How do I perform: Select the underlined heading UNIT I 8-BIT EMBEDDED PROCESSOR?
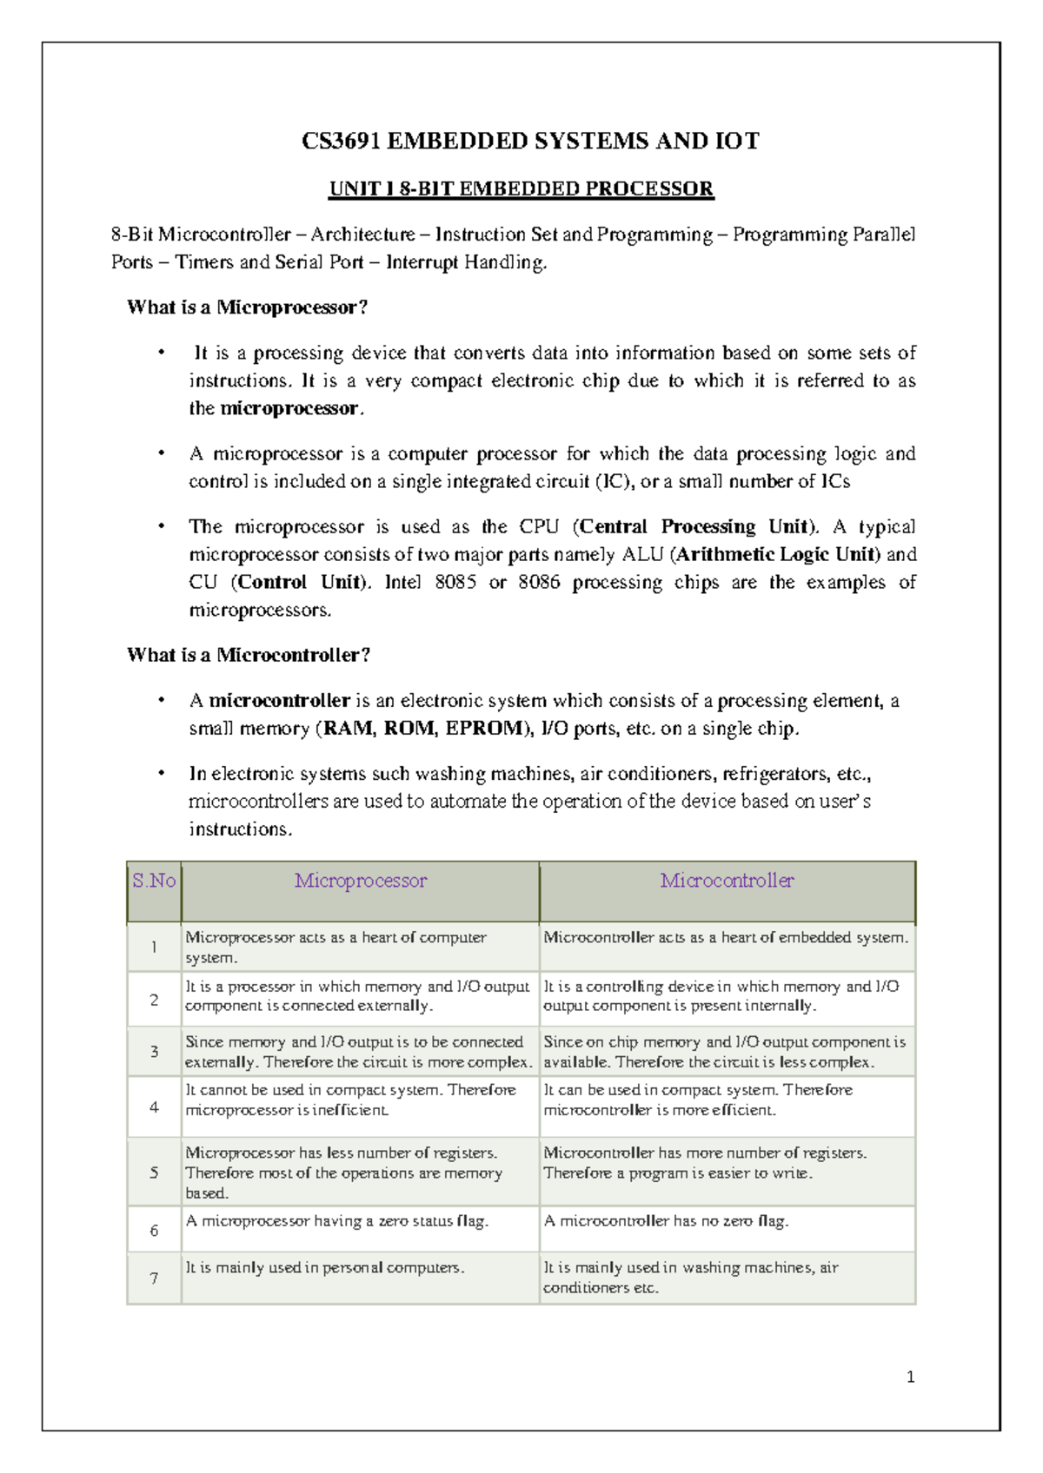click(x=521, y=189)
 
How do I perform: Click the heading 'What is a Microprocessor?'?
click(x=248, y=307)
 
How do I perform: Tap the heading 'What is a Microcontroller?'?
click(x=249, y=655)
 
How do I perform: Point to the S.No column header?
click(x=154, y=881)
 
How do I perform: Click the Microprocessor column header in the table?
click(x=361, y=881)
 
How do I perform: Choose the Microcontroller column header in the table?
click(x=727, y=881)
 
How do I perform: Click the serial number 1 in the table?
click(x=154, y=947)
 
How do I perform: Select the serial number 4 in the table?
click(x=154, y=1107)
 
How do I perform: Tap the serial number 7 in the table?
click(x=154, y=1278)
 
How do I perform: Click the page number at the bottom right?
click(x=910, y=1377)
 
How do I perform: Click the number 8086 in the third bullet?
click(x=539, y=582)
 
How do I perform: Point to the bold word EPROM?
click(x=485, y=728)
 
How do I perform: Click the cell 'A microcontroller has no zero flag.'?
click(x=666, y=1221)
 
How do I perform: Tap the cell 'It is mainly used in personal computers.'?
click(x=325, y=1268)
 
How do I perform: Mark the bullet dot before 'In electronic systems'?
click(x=161, y=773)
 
